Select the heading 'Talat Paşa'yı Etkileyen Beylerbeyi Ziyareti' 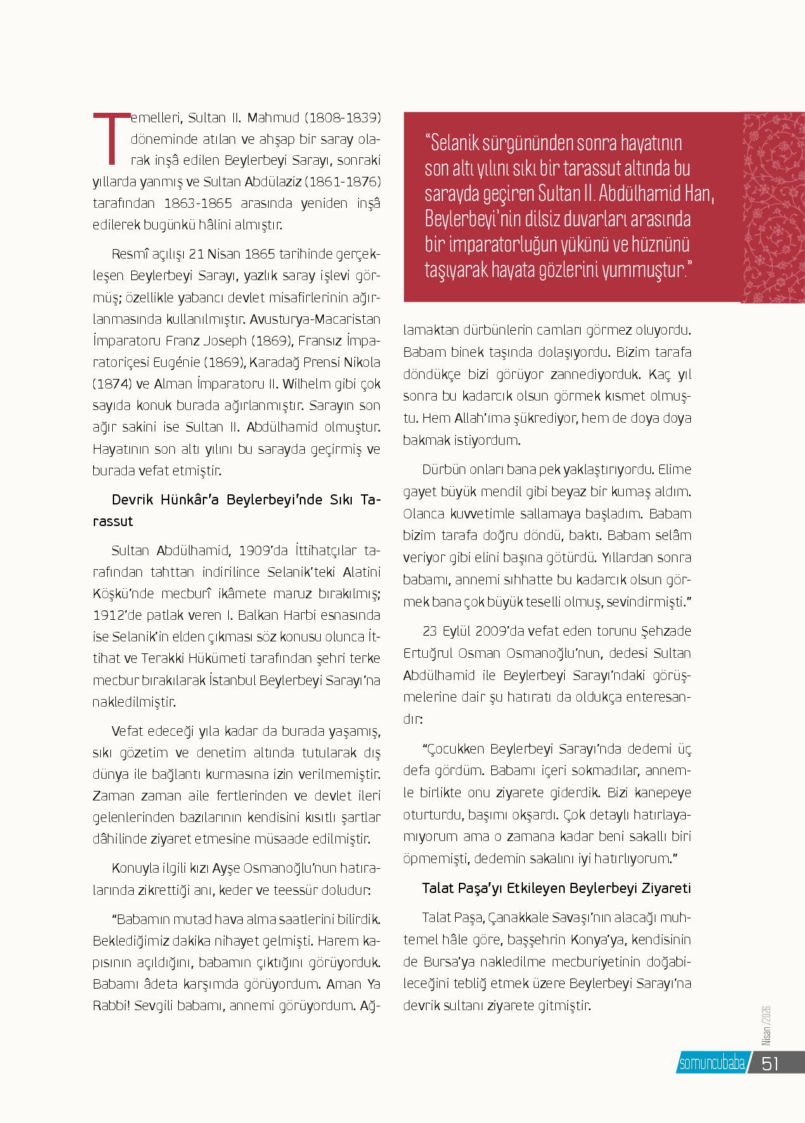point(556,889)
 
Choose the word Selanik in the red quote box point(458,144)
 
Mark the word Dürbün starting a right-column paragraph point(442,470)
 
